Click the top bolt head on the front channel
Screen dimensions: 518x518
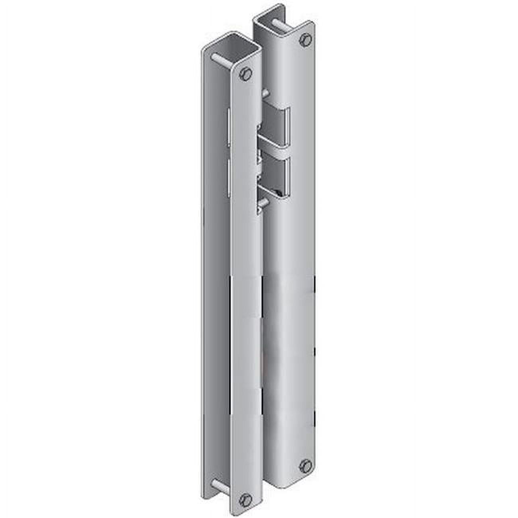246,73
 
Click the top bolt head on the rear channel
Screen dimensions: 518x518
306,39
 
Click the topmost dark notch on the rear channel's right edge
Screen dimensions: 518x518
315,285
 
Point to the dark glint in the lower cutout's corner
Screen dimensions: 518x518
283,193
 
